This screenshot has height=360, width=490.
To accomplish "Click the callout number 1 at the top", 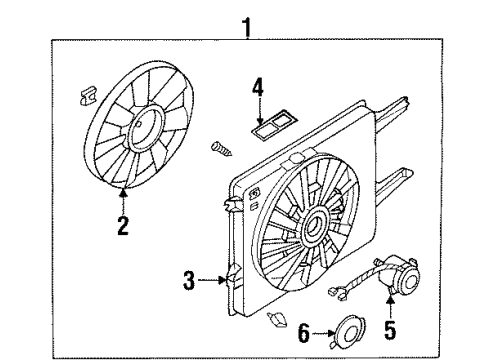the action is pyautogui.click(x=247, y=28).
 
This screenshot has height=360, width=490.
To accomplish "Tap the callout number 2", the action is pyautogui.click(x=123, y=225).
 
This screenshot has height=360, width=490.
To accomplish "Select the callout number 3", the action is pyautogui.click(x=189, y=280).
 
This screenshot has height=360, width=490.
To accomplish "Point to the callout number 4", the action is pyautogui.click(x=258, y=87).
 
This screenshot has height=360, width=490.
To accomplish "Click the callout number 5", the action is pyautogui.click(x=390, y=330).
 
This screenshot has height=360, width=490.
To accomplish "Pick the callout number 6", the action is pyautogui.click(x=304, y=333).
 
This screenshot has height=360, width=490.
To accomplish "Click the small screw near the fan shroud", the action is pyautogui.click(x=221, y=149).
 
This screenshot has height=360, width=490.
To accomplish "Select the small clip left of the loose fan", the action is pyautogui.click(x=88, y=96).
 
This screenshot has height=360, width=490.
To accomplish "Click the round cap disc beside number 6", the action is pyautogui.click(x=347, y=332).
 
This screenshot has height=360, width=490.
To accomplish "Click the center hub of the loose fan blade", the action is pyautogui.click(x=145, y=126).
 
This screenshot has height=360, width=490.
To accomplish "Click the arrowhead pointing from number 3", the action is pyautogui.click(x=223, y=280).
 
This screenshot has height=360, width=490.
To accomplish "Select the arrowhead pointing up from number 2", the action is pyautogui.click(x=123, y=193).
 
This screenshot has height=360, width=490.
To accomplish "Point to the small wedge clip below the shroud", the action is pyautogui.click(x=277, y=319).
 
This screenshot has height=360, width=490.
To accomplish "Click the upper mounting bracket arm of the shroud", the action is pyautogui.click(x=392, y=112).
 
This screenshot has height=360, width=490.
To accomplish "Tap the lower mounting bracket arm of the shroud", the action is pyautogui.click(x=394, y=184).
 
